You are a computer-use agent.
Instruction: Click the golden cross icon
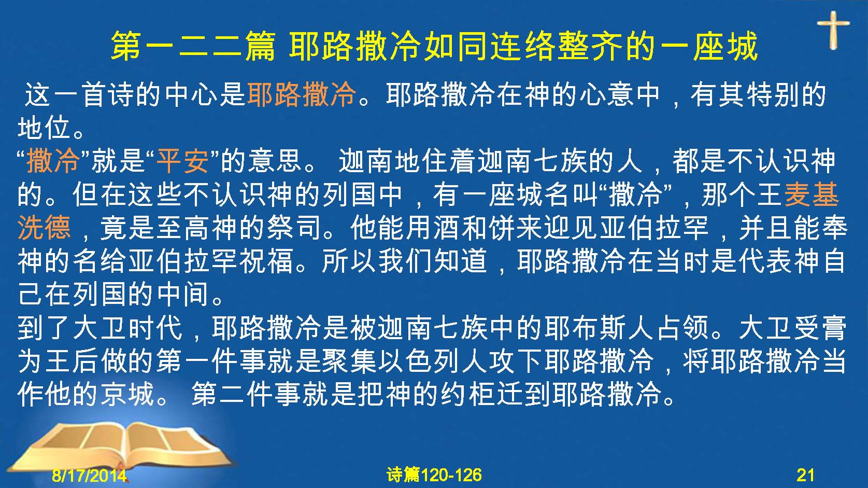pyautogui.click(x=833, y=30)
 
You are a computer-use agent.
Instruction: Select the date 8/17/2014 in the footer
pyautogui.click(x=89, y=475)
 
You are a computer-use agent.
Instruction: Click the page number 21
pyautogui.click(x=806, y=475)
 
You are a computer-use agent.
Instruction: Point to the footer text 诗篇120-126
pyautogui.click(x=434, y=475)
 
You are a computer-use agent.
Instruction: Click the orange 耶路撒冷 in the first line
pyautogui.click(x=302, y=94)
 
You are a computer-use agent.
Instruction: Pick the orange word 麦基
pyautogui.click(x=812, y=194)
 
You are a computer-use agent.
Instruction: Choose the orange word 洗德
pyautogui.click(x=44, y=227)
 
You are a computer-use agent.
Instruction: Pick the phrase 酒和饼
pyautogui.click(x=475, y=227)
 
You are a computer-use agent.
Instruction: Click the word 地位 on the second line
pyautogui.click(x=44, y=128)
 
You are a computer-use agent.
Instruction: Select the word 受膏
pyautogui.click(x=820, y=328)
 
